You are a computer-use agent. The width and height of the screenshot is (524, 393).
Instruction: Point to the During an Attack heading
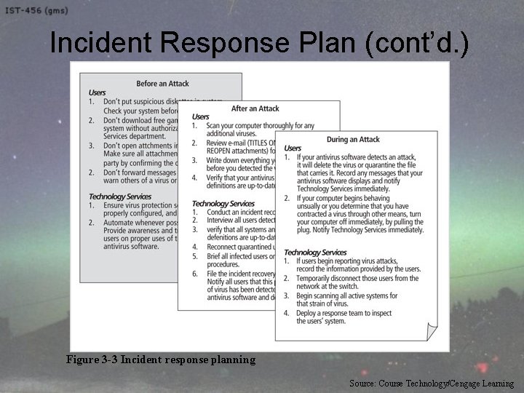click(352, 139)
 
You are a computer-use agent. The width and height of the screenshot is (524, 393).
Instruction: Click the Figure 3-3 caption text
click(160, 360)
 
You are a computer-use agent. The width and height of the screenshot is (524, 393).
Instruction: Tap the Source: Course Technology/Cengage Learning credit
click(431, 383)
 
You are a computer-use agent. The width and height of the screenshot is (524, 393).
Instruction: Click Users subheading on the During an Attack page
click(293, 148)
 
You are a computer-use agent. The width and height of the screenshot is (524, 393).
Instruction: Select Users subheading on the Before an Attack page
click(97, 92)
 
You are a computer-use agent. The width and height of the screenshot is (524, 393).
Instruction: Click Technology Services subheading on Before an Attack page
click(120, 196)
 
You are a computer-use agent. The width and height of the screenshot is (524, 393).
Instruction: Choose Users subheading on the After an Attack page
click(200, 116)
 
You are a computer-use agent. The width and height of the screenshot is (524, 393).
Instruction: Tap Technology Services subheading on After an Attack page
click(223, 204)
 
